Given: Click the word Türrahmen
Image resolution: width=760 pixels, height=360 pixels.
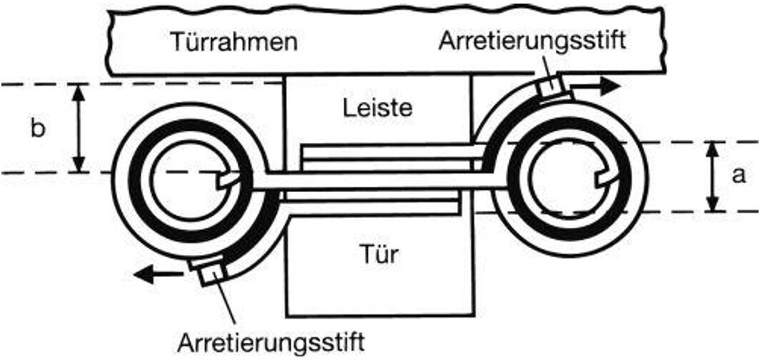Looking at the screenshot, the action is pos(234,43).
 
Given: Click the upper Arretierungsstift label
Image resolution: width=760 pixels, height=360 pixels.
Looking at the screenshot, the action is pos(531,41).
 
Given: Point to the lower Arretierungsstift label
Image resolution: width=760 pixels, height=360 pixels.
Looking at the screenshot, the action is pos(271,343).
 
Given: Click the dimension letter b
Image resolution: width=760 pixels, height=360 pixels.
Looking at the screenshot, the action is pos(38,129).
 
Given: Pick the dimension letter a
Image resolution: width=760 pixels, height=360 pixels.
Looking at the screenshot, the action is pos(739,176).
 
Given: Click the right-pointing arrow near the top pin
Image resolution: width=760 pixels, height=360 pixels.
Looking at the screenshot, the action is pos(596,86).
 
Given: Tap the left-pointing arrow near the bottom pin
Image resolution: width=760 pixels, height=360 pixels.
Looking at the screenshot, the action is pos(158,275).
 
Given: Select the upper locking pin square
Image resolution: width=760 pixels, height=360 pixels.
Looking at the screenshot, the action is pos(550,87).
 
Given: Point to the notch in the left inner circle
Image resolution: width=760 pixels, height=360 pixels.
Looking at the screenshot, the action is pos(228,180).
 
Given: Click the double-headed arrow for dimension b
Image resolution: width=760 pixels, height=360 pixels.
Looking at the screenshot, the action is pos(79,128).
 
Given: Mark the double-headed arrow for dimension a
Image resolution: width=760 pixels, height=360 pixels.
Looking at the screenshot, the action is pos(711,176).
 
